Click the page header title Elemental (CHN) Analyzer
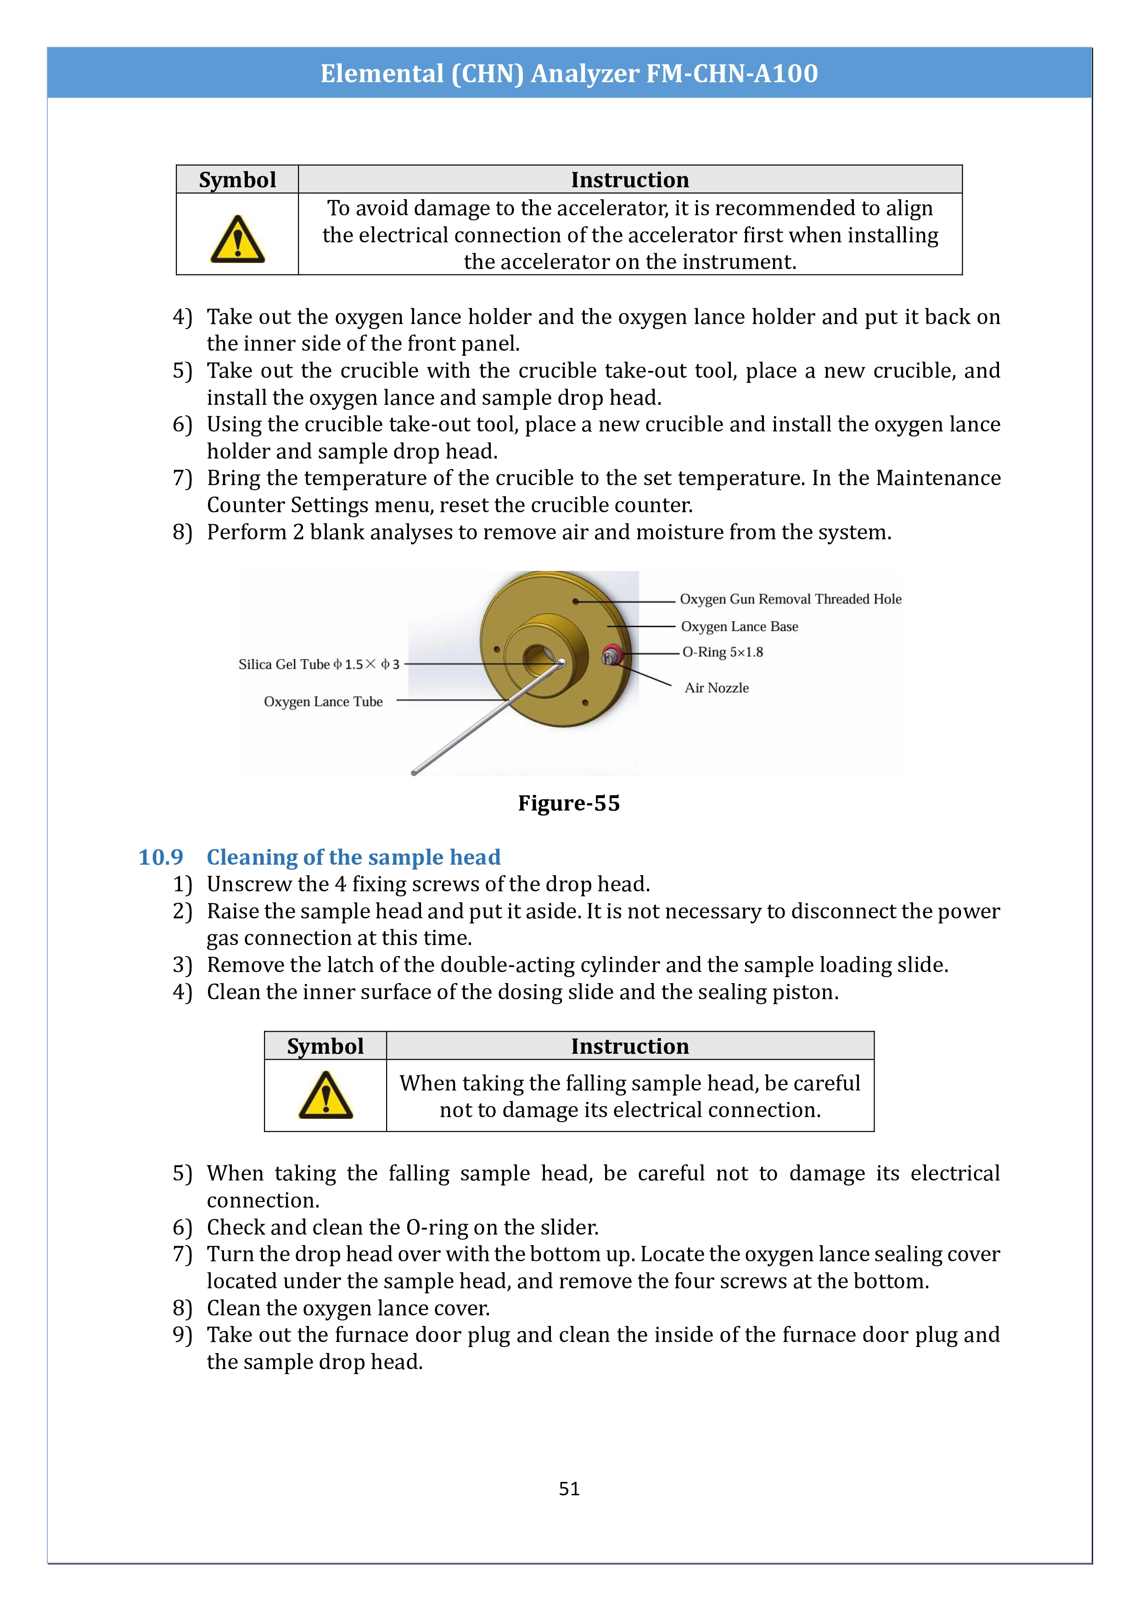click(569, 73)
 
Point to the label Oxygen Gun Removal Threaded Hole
click(791, 599)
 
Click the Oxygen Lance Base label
click(739, 626)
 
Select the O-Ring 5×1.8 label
click(723, 652)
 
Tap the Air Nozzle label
click(716, 688)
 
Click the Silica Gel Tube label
click(319, 664)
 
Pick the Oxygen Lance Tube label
click(323, 701)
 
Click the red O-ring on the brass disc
click(612, 655)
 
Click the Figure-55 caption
click(569, 803)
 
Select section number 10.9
click(161, 857)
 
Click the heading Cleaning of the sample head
click(353, 857)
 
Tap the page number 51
click(569, 1488)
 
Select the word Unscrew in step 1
click(249, 884)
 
